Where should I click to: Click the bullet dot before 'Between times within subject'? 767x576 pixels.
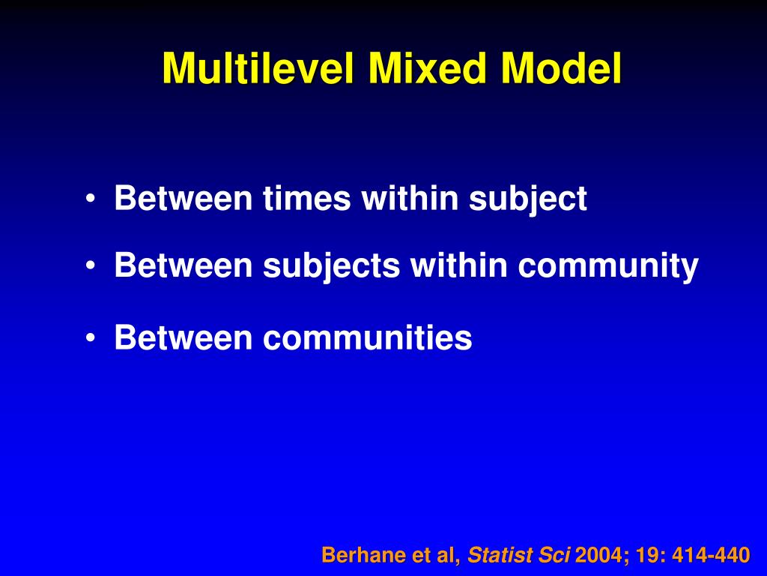tap(90, 199)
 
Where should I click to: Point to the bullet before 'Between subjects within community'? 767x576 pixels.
tap(90, 266)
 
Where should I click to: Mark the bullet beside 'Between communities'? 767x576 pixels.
tap(90, 339)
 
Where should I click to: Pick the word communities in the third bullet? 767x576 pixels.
tap(368, 339)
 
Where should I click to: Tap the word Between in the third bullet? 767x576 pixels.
tap(184, 339)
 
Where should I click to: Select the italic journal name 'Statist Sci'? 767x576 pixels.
tap(520, 556)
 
